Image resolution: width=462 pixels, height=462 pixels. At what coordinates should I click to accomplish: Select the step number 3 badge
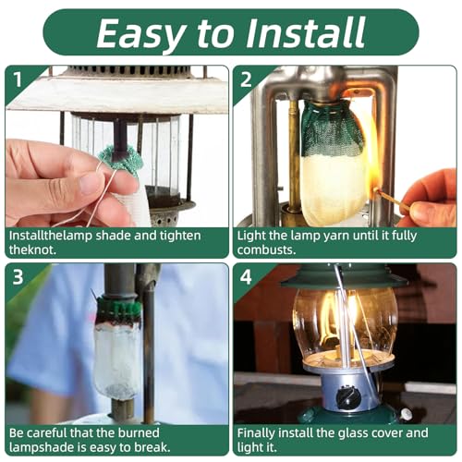click(18, 276)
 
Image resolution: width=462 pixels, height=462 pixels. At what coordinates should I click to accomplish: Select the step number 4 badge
click(245, 276)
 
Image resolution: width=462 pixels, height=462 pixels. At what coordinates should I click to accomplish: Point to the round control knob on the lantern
click(348, 397)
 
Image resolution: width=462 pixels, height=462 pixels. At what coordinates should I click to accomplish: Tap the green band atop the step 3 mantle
click(119, 309)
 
